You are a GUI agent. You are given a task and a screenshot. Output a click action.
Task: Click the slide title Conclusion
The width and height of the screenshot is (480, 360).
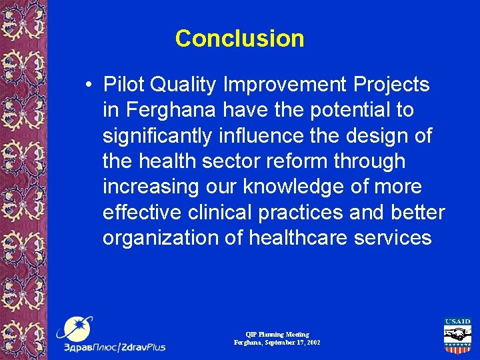point(239,39)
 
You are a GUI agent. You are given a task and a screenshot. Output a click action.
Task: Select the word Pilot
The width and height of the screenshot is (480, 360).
point(124,85)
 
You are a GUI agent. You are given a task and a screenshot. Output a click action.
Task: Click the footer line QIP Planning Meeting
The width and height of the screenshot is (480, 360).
point(277,334)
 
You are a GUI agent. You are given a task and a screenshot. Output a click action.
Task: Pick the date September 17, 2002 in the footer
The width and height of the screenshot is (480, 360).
point(291,342)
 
